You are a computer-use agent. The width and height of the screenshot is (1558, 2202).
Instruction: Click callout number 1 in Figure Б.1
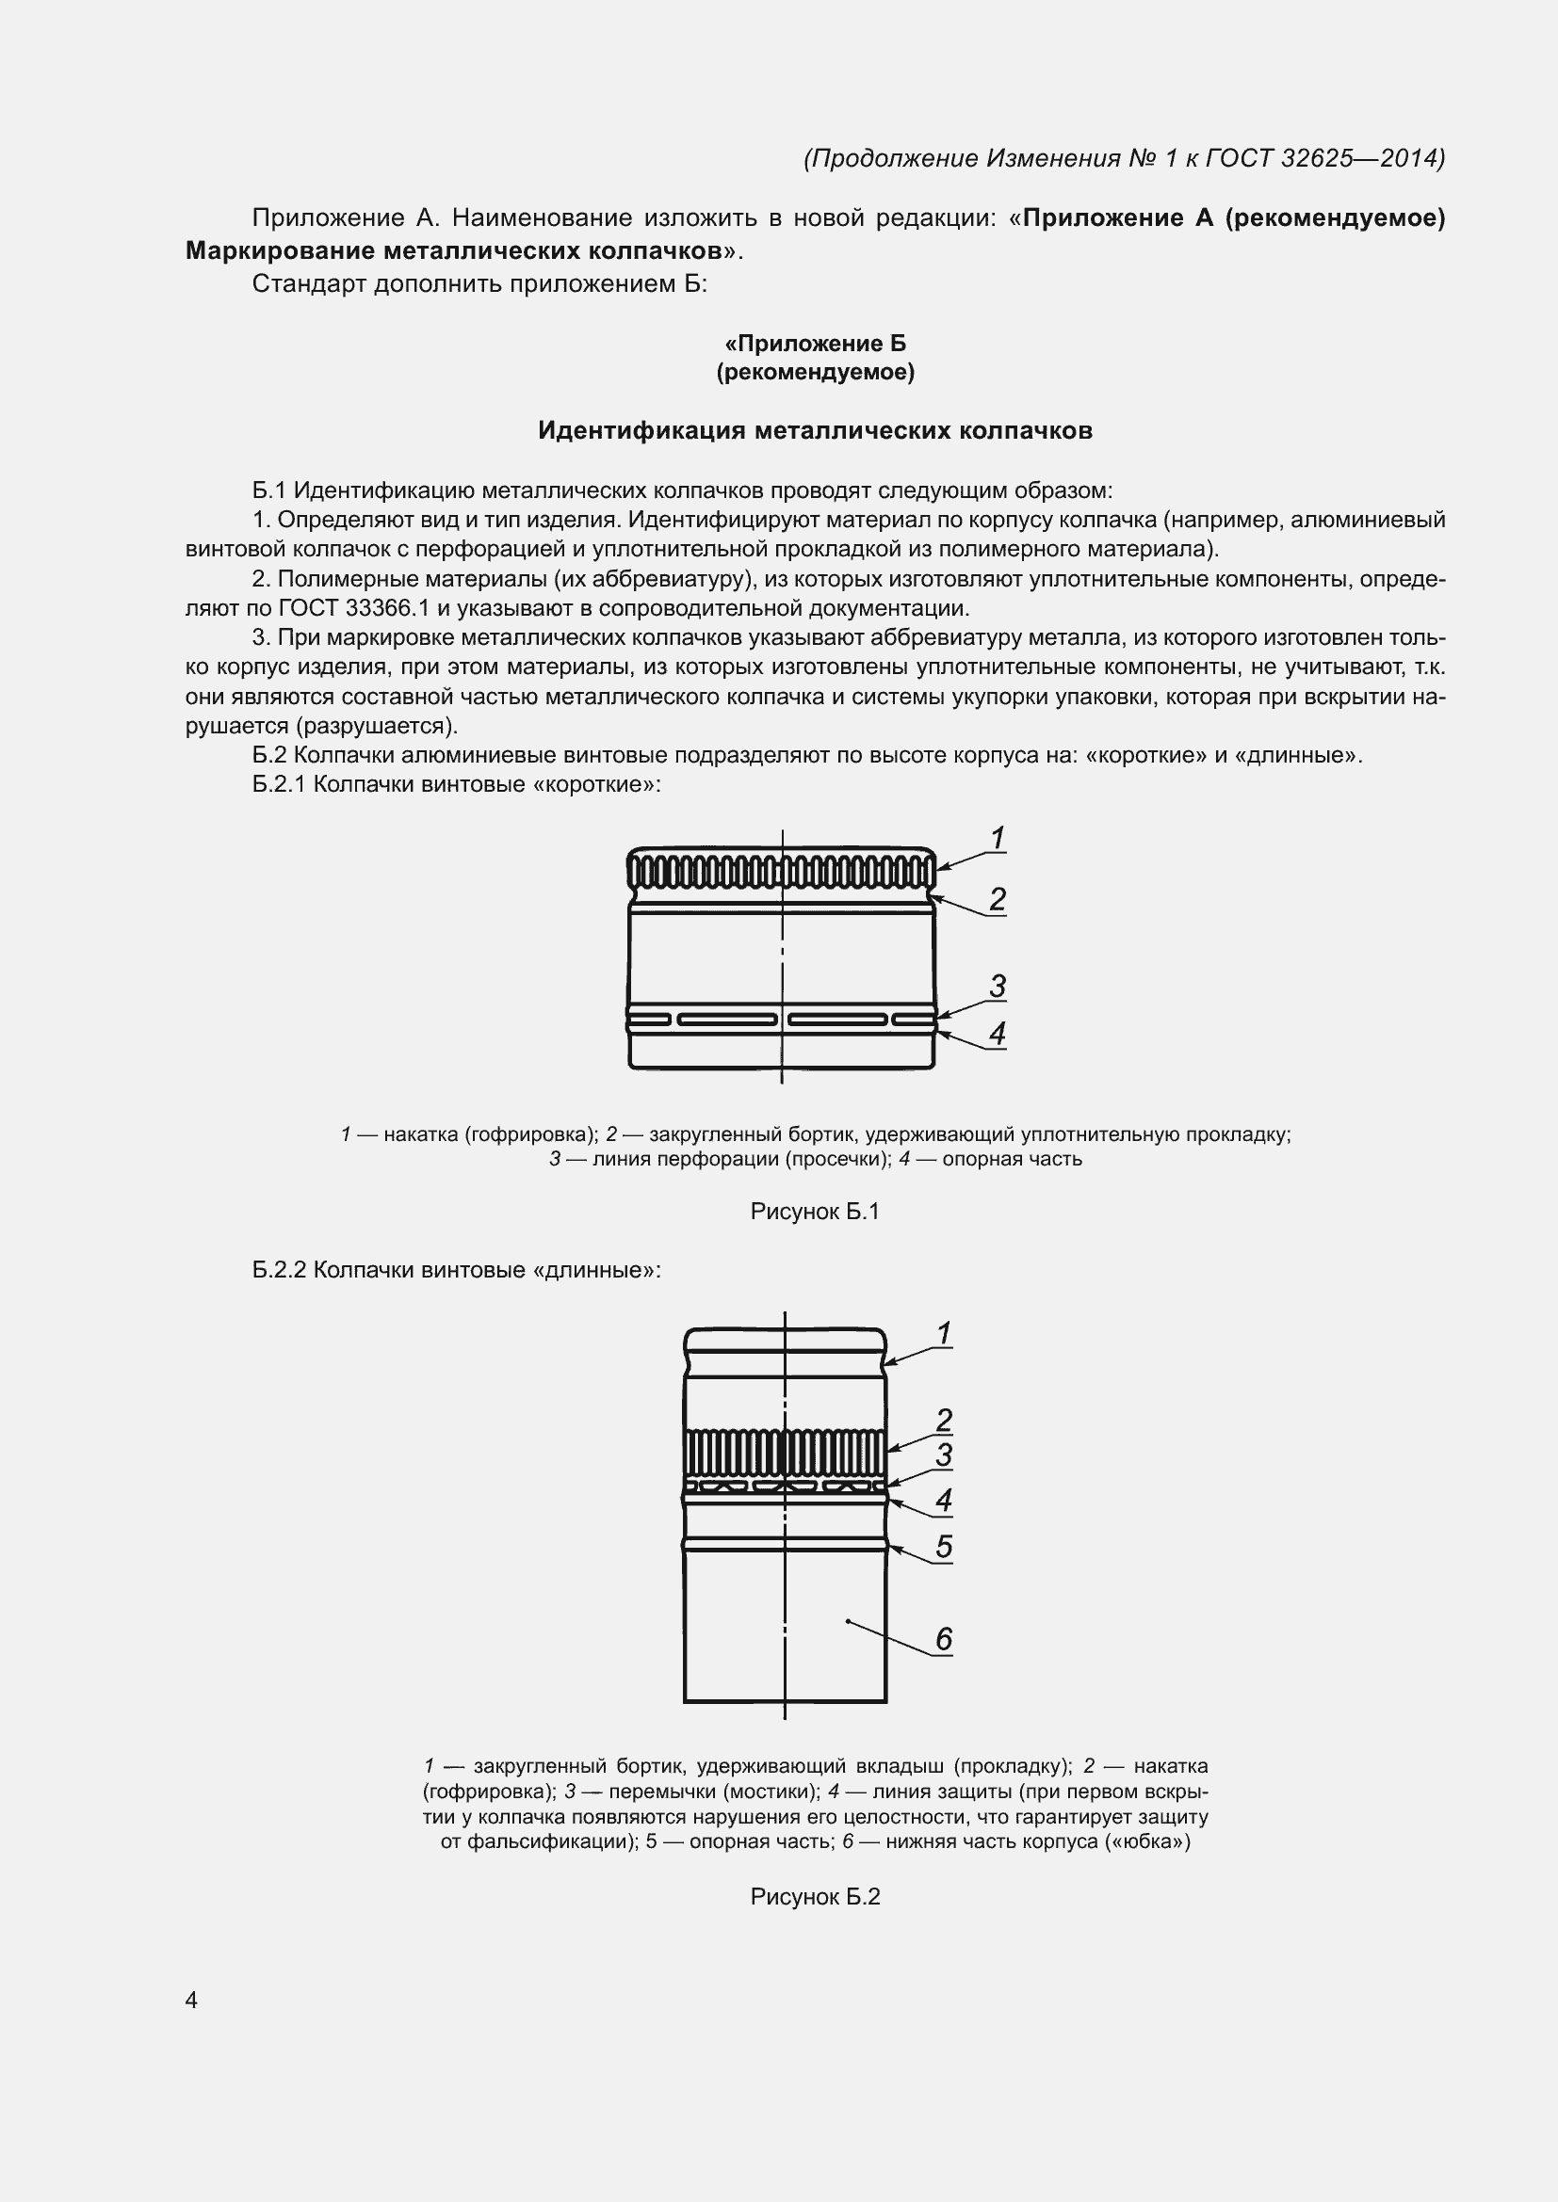click(998, 838)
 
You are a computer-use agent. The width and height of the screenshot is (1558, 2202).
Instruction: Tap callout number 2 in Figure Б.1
click(998, 900)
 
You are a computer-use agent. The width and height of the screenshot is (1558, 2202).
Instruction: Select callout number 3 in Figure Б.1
click(998, 986)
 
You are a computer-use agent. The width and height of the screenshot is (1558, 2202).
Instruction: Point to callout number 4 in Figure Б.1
click(998, 1034)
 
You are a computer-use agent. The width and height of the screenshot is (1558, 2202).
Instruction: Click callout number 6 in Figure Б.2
click(944, 1639)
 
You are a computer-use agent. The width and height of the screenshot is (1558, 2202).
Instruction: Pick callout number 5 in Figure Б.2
click(944, 1547)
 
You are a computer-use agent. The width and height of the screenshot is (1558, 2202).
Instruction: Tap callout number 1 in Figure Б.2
click(944, 1334)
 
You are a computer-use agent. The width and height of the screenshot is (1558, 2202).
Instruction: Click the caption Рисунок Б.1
click(815, 1213)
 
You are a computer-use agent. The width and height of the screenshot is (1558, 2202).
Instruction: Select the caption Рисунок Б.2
click(815, 1897)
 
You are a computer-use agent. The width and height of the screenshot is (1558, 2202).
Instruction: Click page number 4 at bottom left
click(191, 2001)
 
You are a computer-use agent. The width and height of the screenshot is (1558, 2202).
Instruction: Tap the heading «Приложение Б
click(815, 344)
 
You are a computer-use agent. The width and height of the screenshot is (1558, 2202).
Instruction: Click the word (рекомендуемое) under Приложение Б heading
click(815, 372)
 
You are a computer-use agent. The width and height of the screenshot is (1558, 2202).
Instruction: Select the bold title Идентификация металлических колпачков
click(815, 430)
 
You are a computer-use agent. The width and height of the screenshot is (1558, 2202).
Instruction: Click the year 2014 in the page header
click(1410, 158)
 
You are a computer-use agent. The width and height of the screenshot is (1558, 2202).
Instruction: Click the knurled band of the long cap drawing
click(785, 1453)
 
